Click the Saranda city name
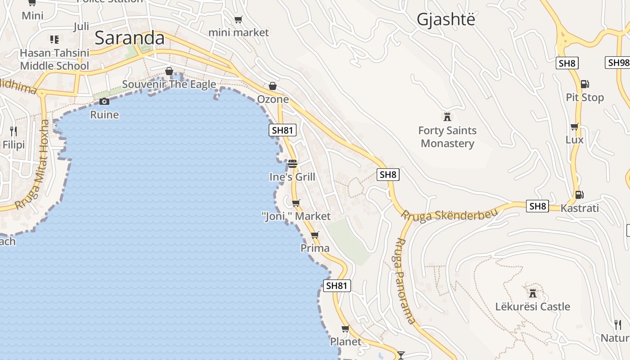pos(130,38)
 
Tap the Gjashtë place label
pos(445,20)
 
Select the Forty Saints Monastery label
pos(447,137)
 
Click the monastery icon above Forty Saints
pos(447,117)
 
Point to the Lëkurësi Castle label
pos(532,306)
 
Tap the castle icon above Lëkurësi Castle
pos(533,293)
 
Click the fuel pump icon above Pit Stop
pos(585,84)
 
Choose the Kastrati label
pos(580,208)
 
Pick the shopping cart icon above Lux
pos(574,127)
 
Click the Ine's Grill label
pos(292,177)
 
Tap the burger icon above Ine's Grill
pos(292,163)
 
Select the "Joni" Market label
pos(296,216)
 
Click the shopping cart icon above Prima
pos(315,235)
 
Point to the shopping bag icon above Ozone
pos(272,86)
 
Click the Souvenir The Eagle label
pos(169,84)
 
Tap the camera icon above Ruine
pos(104,101)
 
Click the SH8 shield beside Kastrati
pos(537,206)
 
